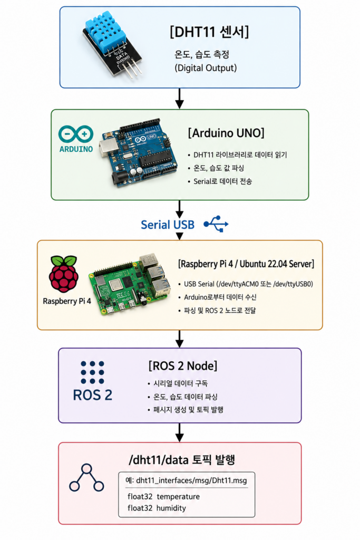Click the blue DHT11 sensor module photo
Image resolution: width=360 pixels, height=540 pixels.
pyautogui.click(x=112, y=46)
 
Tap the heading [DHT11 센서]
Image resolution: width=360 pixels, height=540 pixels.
pyautogui.click(x=209, y=32)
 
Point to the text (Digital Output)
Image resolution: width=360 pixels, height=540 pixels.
pyautogui.click(x=206, y=68)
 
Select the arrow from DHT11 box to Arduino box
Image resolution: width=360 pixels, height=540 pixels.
pyautogui.click(x=179, y=99)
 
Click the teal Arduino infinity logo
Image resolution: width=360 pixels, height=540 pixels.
pyautogui.click(x=76, y=134)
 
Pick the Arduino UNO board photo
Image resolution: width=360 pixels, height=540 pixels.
pyautogui.click(x=139, y=152)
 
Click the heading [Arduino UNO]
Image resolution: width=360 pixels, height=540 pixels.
pyautogui.click(x=226, y=133)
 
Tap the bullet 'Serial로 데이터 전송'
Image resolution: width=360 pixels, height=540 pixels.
pyautogui.click(x=222, y=181)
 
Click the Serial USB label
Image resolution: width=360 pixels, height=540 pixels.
pyautogui.click(x=168, y=225)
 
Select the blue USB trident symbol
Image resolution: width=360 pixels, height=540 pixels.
pyautogui.click(x=216, y=224)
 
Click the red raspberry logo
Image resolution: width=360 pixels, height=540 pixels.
pyautogui.click(x=64, y=274)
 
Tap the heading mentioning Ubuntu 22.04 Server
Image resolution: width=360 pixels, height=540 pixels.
pyautogui.click(x=246, y=264)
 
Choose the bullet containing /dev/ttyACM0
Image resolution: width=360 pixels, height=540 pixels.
pyautogui.click(x=248, y=284)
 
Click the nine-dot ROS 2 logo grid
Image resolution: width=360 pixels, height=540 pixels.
pyautogui.click(x=92, y=372)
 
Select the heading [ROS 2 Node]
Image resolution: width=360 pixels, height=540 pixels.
pyautogui.click(x=183, y=366)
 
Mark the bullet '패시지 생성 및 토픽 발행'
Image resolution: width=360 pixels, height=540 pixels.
pyautogui.click(x=188, y=409)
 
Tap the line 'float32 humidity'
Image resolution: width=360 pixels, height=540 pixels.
pyautogui.click(x=157, y=508)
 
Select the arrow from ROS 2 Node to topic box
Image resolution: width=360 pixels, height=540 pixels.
pyautogui.click(x=179, y=432)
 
